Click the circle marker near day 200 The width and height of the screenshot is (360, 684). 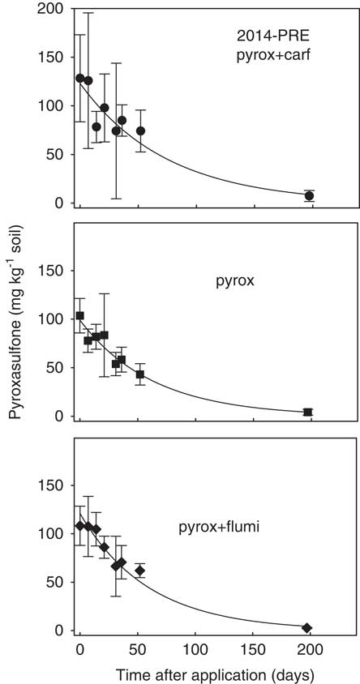[x=309, y=195]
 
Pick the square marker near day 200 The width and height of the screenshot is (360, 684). [x=308, y=412]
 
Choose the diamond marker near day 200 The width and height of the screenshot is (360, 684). [x=307, y=627]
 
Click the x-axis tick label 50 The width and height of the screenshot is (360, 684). [x=138, y=650]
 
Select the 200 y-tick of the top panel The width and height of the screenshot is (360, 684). [x=52, y=9]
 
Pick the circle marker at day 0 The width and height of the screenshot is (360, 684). [x=79, y=78]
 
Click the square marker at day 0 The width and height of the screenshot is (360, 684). [x=79, y=316]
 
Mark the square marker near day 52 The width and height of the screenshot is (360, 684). [x=140, y=374]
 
